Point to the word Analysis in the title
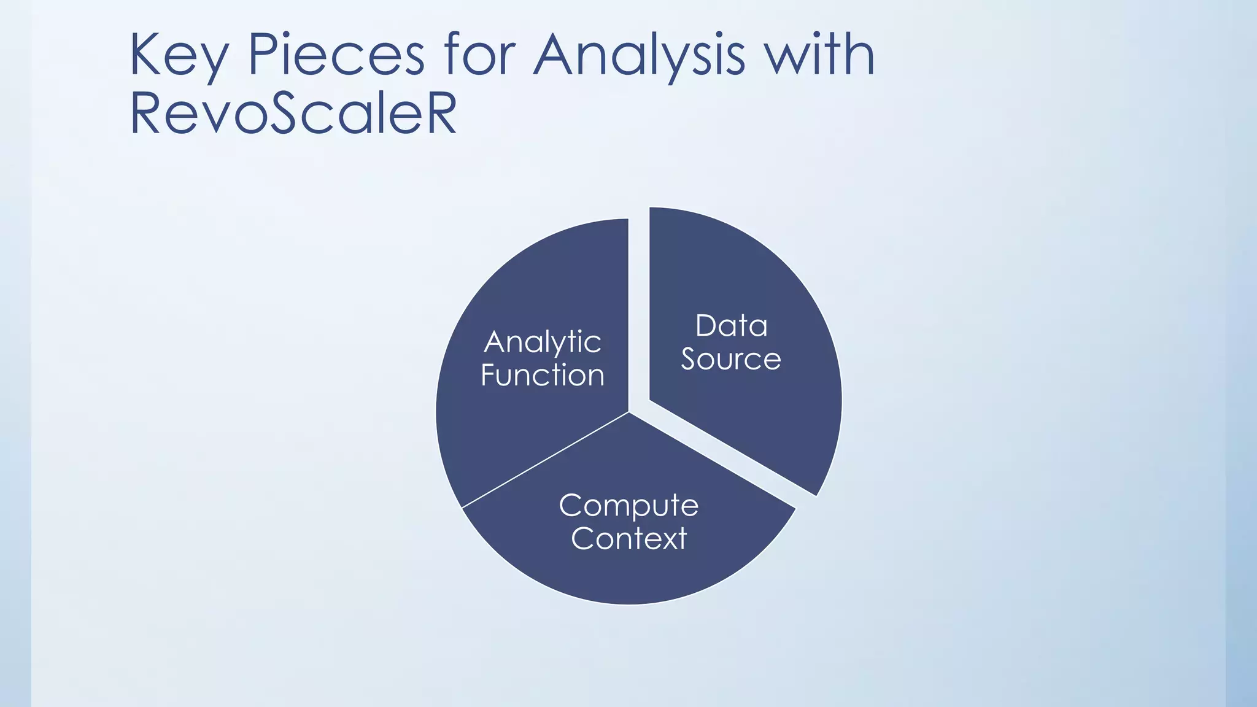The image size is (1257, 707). [x=639, y=56]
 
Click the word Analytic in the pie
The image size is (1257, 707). [x=543, y=342]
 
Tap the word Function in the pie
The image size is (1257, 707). [x=543, y=376]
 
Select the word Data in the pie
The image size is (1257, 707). [x=731, y=326]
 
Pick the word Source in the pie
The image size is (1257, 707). [x=731, y=359]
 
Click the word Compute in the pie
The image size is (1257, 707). [x=628, y=506]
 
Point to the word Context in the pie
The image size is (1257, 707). [x=628, y=539]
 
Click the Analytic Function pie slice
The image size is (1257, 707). [x=522, y=430]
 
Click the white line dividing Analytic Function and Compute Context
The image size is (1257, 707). [x=545, y=460]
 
